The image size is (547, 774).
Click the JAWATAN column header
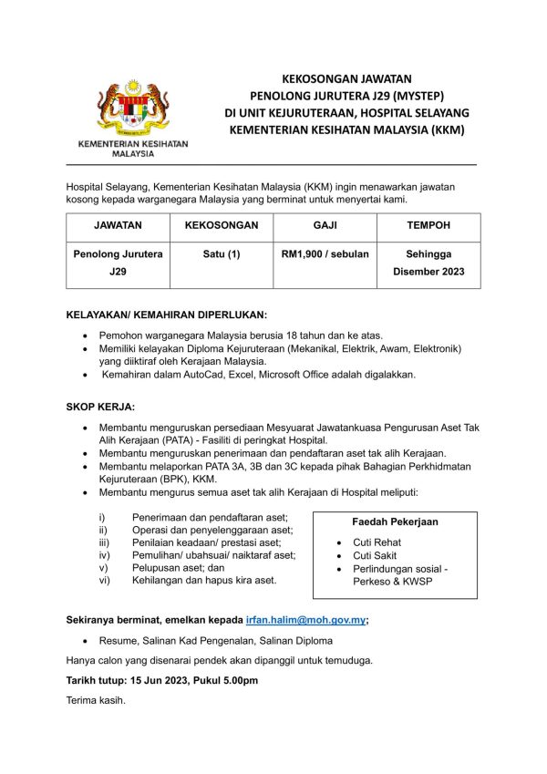tap(117, 224)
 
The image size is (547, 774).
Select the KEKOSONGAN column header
tap(222, 224)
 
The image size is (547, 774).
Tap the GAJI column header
tap(325, 224)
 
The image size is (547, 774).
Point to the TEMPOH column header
tap(428, 224)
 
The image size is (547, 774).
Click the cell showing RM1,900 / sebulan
tap(325, 254)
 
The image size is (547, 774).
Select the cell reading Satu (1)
tap(222, 254)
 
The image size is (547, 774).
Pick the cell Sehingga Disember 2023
tap(428, 263)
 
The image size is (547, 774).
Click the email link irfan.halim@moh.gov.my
tap(306, 619)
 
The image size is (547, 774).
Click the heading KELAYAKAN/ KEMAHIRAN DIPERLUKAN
tap(167, 315)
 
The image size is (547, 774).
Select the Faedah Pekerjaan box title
tap(395, 522)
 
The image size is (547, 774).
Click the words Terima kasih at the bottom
tap(96, 701)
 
